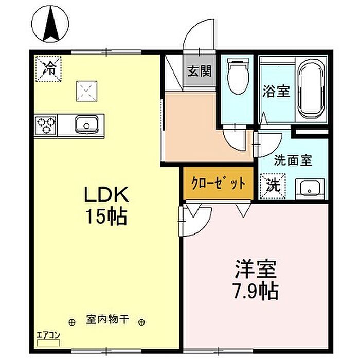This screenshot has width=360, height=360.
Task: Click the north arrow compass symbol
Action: (50, 24)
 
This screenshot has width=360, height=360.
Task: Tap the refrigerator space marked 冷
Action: (48, 69)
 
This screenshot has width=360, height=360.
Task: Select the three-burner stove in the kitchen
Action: (46, 125)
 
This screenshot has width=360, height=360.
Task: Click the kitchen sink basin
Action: (87, 124)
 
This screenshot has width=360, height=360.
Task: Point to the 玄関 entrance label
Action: (200, 71)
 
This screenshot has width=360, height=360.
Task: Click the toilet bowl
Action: (238, 76)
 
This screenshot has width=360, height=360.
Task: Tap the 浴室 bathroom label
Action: (276, 91)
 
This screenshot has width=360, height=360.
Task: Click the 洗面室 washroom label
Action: (293, 160)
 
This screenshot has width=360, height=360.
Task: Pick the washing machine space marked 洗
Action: (273, 186)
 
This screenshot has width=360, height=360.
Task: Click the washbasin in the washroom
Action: (310, 189)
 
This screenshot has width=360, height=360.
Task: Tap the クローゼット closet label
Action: (218, 183)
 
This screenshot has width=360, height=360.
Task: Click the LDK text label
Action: (106, 194)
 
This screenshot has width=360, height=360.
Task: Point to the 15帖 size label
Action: (106, 217)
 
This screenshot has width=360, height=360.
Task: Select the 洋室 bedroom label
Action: (255, 269)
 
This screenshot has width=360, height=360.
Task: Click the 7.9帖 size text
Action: (255, 292)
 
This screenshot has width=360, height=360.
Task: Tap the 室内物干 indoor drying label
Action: (107, 319)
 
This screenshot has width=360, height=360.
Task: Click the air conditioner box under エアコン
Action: (48, 343)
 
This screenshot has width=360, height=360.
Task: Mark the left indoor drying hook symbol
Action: (72, 322)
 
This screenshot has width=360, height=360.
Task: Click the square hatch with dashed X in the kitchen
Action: (86, 91)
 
